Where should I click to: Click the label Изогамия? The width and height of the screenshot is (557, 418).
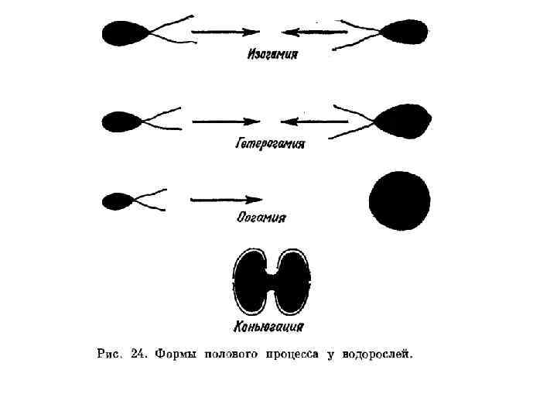[272, 56]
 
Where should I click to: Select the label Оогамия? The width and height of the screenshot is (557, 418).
[261, 218]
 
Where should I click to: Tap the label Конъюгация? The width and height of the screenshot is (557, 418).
[268, 326]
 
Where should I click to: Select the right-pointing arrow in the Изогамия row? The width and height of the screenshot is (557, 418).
[224, 33]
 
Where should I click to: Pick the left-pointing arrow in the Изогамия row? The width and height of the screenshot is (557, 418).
[315, 33]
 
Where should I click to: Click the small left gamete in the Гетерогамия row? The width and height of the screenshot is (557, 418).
[121, 122]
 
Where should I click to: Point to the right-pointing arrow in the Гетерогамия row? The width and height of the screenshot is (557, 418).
[225, 122]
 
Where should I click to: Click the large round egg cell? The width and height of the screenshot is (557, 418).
[399, 200]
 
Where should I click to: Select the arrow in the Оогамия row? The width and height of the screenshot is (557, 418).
[226, 200]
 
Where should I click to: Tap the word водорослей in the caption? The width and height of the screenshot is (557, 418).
[379, 355]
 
